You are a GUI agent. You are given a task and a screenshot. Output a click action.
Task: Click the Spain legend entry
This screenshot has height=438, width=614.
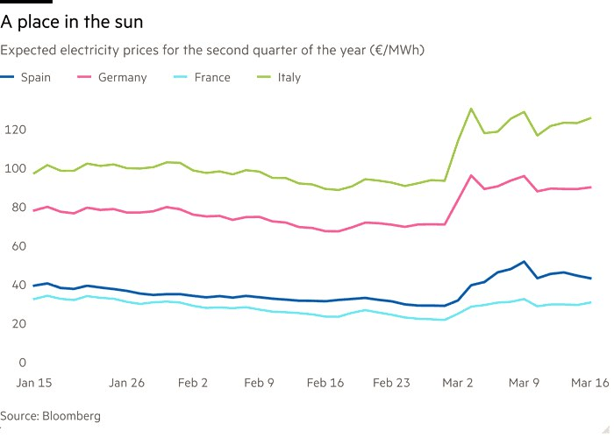coord(36,77)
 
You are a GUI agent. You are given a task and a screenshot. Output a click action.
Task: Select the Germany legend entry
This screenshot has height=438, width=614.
coord(122,77)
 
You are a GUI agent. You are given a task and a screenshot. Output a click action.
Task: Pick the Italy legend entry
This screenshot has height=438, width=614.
coord(289,77)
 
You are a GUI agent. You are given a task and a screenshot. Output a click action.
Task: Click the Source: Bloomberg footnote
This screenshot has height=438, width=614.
coord(51,415)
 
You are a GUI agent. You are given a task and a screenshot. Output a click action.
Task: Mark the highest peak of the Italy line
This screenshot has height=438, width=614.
coord(471,109)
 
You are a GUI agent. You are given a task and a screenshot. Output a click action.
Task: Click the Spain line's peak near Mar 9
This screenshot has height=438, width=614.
coord(524,261)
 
